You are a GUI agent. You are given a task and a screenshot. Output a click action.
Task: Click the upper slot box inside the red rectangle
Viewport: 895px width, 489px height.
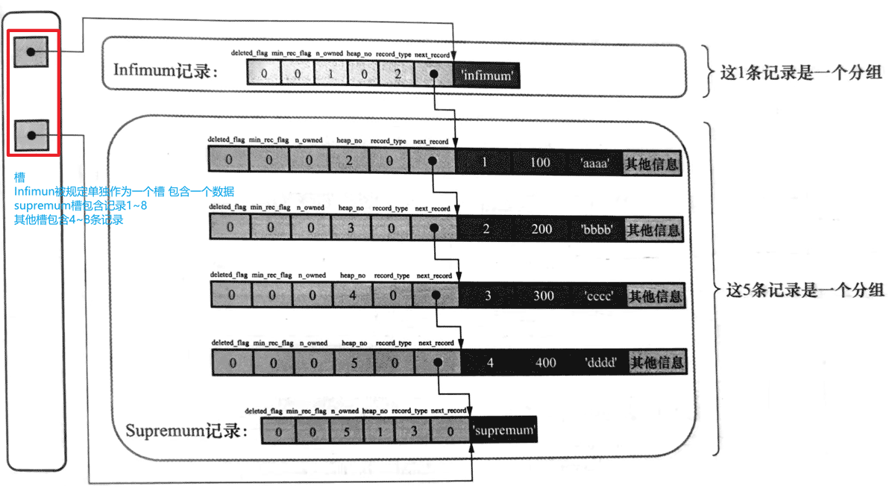click(x=31, y=52)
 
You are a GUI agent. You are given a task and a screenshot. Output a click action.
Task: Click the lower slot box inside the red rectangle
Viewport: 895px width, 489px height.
click(x=31, y=135)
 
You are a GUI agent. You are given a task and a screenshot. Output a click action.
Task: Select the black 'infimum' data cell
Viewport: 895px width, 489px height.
click(x=488, y=75)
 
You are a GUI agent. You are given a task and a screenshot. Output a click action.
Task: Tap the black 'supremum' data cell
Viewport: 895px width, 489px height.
click(x=503, y=431)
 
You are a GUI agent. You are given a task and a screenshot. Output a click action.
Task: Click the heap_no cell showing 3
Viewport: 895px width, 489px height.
click(x=351, y=228)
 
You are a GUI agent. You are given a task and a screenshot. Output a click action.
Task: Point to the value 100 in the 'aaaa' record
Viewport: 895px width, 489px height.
click(x=540, y=162)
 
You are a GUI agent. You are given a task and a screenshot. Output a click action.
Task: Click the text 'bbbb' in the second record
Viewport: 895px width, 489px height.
click(x=597, y=229)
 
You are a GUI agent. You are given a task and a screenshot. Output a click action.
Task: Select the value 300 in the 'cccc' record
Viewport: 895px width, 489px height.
click(x=544, y=296)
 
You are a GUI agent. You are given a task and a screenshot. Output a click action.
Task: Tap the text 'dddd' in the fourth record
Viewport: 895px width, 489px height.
click(x=600, y=363)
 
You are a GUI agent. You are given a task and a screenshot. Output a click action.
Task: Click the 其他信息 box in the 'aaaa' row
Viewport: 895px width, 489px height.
click(x=652, y=163)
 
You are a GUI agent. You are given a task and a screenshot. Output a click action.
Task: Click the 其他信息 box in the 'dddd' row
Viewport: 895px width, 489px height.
click(x=657, y=363)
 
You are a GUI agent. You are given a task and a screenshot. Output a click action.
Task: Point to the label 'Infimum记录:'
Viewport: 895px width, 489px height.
click(x=166, y=71)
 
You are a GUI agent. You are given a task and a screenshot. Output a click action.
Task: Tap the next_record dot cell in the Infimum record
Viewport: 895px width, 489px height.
click(x=433, y=75)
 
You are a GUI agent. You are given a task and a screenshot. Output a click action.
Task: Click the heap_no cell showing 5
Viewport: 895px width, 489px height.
click(x=354, y=363)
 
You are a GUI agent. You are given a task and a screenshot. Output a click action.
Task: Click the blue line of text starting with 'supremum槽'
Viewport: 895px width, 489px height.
click(x=81, y=205)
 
